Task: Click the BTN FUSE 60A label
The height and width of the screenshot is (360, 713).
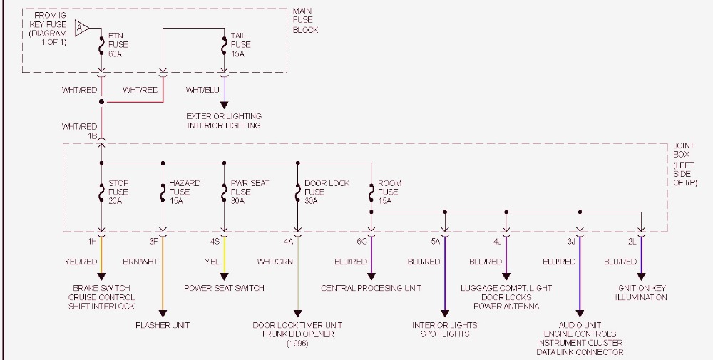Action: point(118,44)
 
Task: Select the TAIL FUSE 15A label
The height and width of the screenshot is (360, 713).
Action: point(240,44)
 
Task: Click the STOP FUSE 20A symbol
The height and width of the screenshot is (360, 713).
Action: point(101,192)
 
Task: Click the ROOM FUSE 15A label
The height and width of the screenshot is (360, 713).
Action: point(389,192)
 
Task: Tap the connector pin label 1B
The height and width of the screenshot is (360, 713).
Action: point(92,135)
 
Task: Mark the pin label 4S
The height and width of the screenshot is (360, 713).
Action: point(215,242)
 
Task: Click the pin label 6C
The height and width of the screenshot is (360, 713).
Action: point(361,242)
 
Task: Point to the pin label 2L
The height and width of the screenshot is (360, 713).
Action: point(632,242)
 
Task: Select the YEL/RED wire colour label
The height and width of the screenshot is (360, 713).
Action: point(80,262)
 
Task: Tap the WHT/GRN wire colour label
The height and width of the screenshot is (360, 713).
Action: point(275,262)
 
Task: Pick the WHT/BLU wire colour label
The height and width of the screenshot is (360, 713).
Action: point(202,91)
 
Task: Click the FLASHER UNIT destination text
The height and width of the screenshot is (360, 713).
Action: point(163,325)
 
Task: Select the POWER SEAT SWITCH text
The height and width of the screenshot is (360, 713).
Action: point(224,288)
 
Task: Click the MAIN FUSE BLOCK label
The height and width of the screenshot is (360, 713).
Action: point(305,21)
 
